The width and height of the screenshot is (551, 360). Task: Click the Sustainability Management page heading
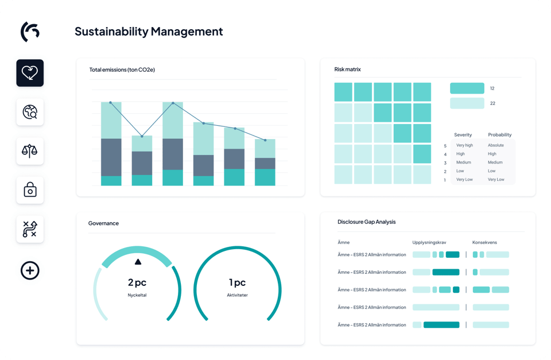(149, 31)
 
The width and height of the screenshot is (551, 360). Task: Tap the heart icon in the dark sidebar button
(30, 73)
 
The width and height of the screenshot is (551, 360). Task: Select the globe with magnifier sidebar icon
(30, 112)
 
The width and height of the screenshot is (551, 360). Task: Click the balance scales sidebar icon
(30, 151)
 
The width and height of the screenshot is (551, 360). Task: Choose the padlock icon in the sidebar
(30, 190)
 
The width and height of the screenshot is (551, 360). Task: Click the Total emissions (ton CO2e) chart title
(122, 70)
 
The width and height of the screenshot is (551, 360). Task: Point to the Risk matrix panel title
(347, 69)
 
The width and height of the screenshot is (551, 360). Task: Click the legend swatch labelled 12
(467, 88)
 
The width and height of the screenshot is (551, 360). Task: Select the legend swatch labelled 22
(467, 103)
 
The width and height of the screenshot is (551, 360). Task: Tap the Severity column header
(463, 135)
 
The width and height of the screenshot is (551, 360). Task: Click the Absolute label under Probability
(496, 145)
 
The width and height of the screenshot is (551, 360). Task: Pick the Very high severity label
(464, 145)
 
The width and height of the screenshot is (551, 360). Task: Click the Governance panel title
(103, 223)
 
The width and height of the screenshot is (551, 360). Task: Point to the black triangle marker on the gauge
(138, 262)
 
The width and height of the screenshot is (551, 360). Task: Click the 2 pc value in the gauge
(138, 282)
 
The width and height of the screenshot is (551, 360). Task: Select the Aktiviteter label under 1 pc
(237, 295)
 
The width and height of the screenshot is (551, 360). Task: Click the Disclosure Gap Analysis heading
(366, 222)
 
